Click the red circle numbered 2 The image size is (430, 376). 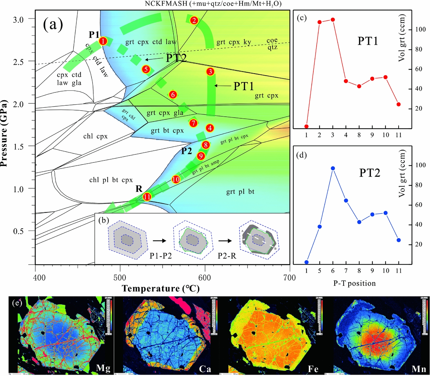[x=194, y=20]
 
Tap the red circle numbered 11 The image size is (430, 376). [x=147, y=197]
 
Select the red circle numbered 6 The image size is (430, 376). [x=173, y=95]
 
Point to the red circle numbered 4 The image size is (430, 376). [x=210, y=128]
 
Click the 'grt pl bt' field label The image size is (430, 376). [x=240, y=192]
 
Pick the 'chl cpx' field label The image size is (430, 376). [x=95, y=136]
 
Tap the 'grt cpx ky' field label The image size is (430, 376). [x=234, y=42]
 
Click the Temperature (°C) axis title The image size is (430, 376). [x=160, y=288]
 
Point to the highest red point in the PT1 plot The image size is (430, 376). [x=332, y=20]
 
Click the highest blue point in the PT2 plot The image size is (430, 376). [x=332, y=168]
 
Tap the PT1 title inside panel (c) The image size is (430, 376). [x=367, y=41]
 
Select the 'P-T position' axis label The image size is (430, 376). [x=354, y=283]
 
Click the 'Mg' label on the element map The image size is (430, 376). [x=103, y=368]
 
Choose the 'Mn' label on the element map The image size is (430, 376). [x=419, y=369]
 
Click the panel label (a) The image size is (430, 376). [x=53, y=24]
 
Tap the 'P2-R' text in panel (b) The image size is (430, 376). [x=227, y=256]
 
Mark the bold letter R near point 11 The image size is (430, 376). [x=139, y=189]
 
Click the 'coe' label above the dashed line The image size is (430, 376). [x=272, y=41]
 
